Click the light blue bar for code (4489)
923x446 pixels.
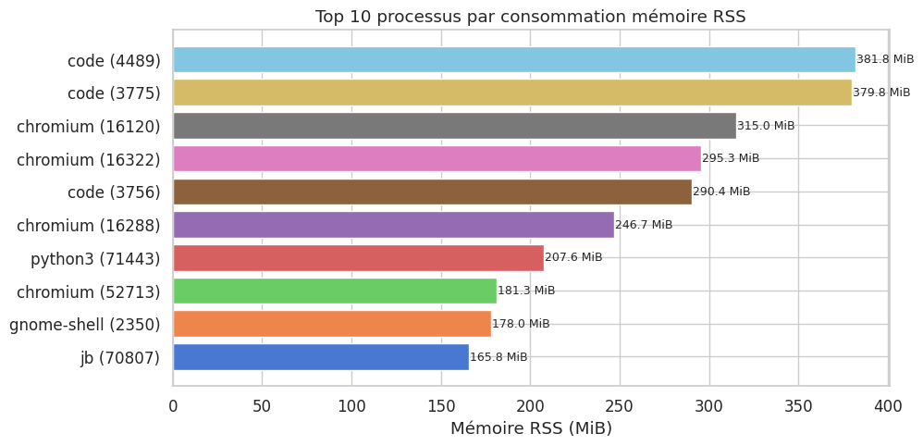[513, 59]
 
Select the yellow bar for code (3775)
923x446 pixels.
[511, 93]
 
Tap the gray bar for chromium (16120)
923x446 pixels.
[454, 126]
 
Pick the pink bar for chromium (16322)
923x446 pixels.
[437, 158]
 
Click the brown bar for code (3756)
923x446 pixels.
[432, 192]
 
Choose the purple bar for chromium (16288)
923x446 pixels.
[393, 225]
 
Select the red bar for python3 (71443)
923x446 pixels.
[358, 257]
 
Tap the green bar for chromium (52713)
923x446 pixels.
[335, 291]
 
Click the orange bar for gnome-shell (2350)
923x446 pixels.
[332, 324]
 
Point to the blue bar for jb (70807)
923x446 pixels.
[321, 357]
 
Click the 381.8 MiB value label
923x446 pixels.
[885, 59]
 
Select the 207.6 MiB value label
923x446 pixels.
[573, 257]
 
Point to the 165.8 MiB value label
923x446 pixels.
[498, 357]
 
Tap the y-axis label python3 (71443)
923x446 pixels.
[95, 258]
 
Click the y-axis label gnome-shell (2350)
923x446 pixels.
[85, 325]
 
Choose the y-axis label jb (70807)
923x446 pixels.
[120, 358]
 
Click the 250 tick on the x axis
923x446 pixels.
[620, 405]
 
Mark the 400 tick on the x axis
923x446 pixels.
[889, 405]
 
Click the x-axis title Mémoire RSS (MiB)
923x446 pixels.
[531, 428]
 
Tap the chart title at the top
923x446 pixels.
[531, 17]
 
